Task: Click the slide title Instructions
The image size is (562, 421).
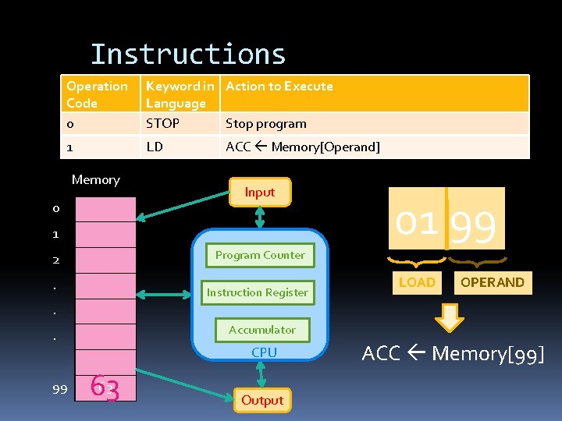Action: (x=188, y=55)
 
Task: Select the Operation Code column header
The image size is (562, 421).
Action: (x=97, y=94)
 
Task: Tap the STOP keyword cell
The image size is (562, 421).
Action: (x=162, y=123)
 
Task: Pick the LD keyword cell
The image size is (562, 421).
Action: (x=155, y=147)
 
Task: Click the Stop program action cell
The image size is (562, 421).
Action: (x=265, y=123)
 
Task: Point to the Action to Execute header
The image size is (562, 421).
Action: (x=279, y=87)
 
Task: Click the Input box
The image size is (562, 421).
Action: (x=260, y=192)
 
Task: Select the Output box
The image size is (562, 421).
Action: (x=262, y=400)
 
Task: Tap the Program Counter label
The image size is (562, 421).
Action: (x=260, y=255)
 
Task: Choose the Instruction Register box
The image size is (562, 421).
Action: (x=257, y=292)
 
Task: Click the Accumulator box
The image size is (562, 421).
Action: (x=261, y=330)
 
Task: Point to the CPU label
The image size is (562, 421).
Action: (x=264, y=352)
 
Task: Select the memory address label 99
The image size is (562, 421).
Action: (x=59, y=389)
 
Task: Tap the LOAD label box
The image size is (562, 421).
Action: (x=417, y=282)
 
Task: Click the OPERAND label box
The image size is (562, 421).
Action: (x=492, y=282)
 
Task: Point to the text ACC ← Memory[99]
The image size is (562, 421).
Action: (x=453, y=354)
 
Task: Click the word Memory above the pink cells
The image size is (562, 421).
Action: (x=95, y=179)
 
